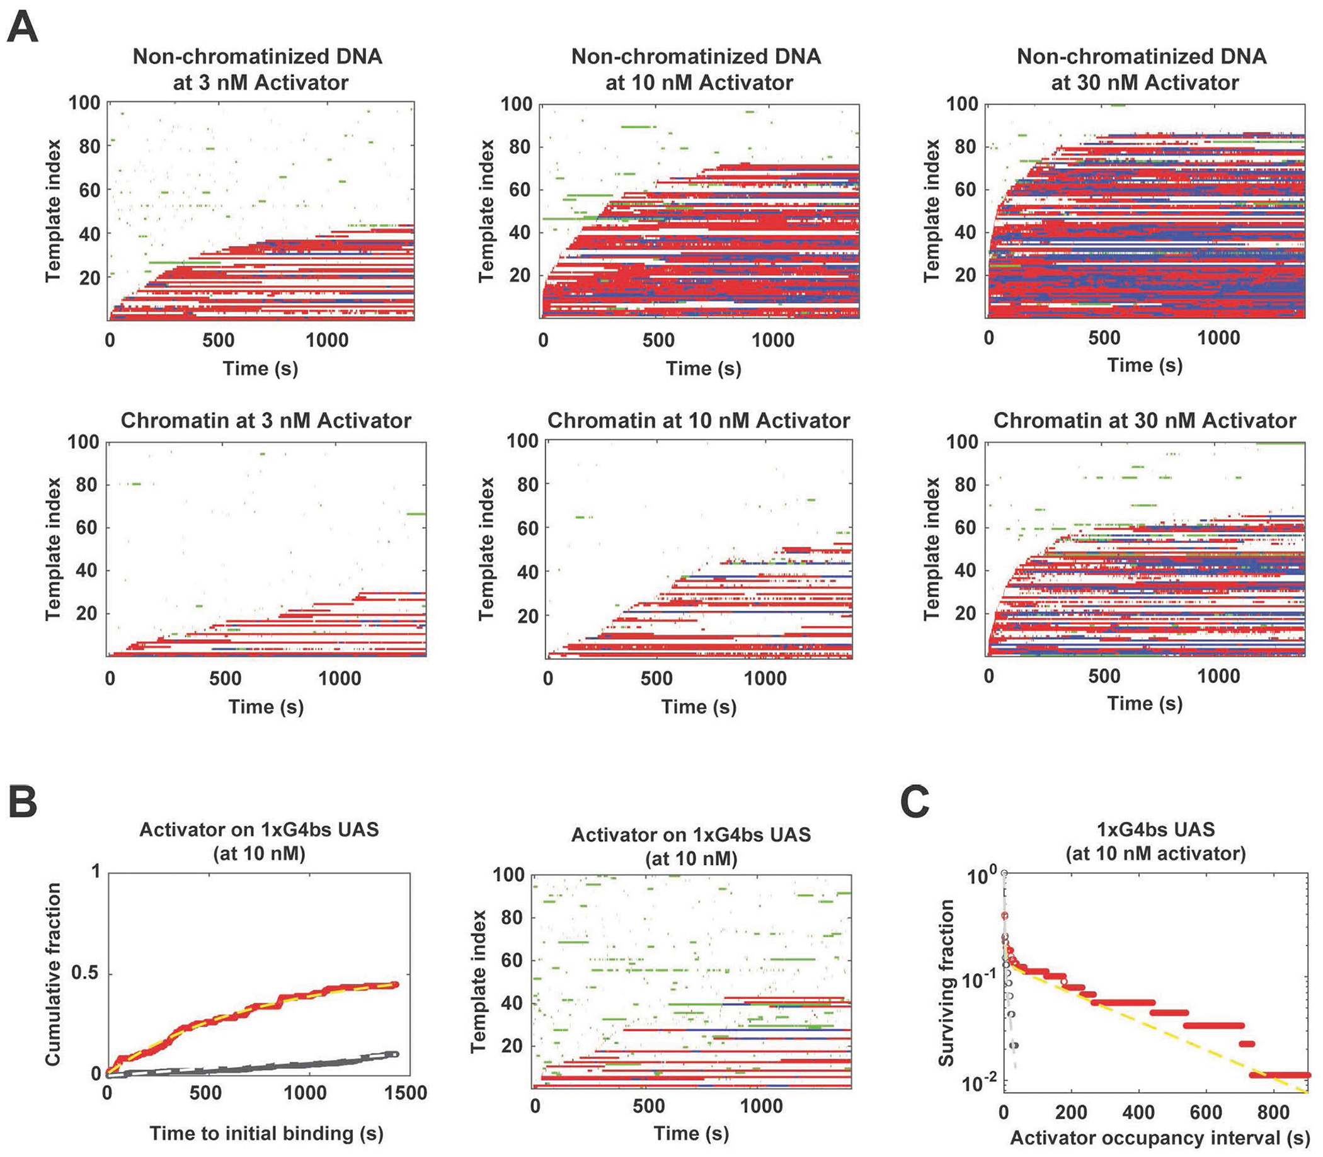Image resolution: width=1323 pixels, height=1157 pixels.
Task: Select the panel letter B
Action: click(x=23, y=802)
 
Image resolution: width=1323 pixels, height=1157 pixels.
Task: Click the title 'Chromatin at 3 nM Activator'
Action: click(x=265, y=421)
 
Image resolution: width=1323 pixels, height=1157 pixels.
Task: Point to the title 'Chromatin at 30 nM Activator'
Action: click(x=1144, y=421)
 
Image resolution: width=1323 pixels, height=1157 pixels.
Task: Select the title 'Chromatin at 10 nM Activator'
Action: click(x=699, y=421)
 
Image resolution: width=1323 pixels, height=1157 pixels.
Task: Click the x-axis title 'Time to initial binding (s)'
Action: click(x=266, y=1132)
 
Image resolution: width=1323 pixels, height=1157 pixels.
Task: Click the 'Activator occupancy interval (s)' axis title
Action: click(x=1160, y=1137)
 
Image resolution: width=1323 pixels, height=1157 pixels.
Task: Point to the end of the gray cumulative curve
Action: click(x=395, y=1054)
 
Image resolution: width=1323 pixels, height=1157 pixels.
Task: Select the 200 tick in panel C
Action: click(x=1071, y=1112)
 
